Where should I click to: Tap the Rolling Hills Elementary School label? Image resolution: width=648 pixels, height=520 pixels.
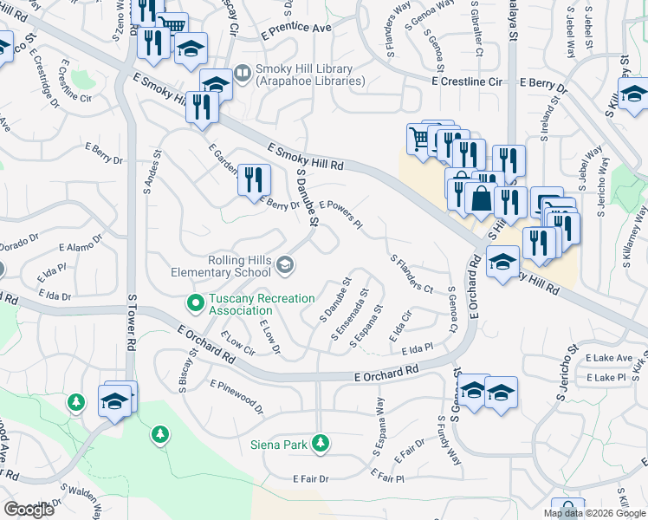click(240, 266)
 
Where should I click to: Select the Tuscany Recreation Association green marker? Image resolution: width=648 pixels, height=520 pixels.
click(195, 303)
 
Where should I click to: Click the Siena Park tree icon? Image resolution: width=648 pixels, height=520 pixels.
click(321, 444)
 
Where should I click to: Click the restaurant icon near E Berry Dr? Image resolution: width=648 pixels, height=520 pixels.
click(253, 180)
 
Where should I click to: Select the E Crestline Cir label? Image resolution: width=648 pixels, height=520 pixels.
click(467, 81)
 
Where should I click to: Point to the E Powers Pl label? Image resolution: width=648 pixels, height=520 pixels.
click(340, 213)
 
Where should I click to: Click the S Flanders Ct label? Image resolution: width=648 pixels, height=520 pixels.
click(412, 273)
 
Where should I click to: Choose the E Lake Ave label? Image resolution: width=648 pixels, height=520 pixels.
click(609, 357)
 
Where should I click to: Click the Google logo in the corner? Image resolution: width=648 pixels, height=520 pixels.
click(29, 509)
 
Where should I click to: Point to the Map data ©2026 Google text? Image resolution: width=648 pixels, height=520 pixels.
click(595, 513)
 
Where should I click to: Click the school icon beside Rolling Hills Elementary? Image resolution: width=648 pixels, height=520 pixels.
click(285, 263)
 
